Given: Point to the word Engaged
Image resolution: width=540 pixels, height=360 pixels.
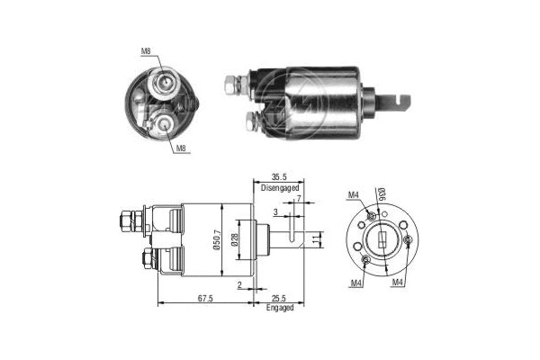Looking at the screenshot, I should pyautogui.click(x=279, y=309).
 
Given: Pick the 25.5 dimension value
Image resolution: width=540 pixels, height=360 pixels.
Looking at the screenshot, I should pyautogui.click(x=278, y=299).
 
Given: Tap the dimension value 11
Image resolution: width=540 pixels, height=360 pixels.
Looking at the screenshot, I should pyautogui.click(x=315, y=240).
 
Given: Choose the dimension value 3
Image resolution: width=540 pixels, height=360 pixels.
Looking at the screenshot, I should pyautogui.click(x=275, y=212).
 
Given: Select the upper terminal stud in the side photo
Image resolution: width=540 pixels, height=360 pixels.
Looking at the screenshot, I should pyautogui.click(x=238, y=85).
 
